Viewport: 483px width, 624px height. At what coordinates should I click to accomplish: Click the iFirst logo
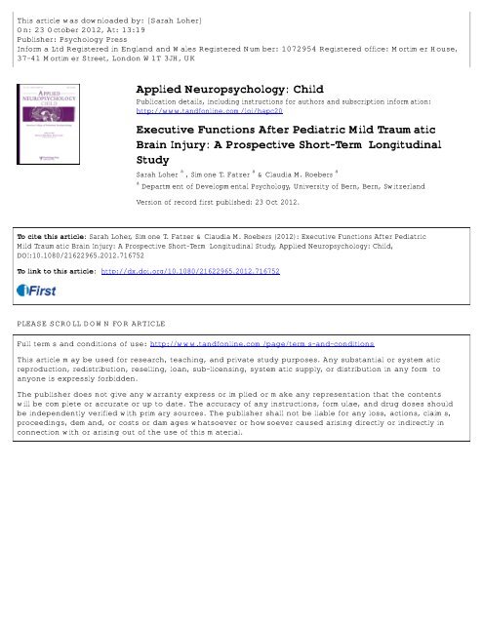pos(39,260)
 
